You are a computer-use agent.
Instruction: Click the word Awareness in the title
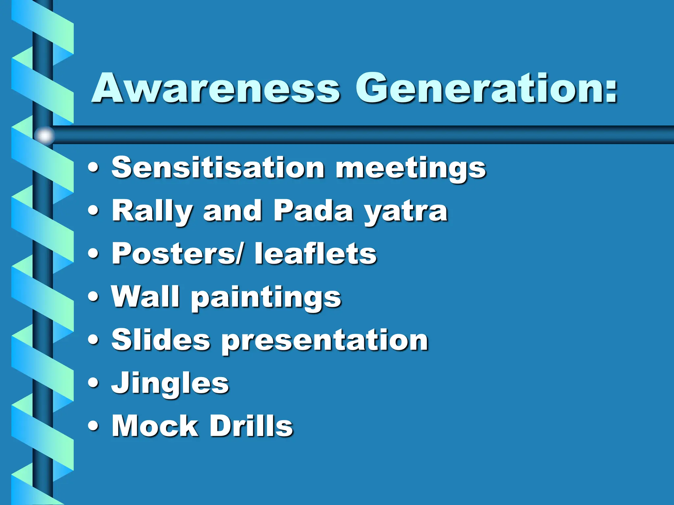pos(216,88)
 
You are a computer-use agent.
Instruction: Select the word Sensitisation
pos(218,167)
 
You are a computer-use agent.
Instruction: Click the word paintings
pos(266,298)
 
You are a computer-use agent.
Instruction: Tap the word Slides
pos(161,339)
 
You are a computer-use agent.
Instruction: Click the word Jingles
pos(170,384)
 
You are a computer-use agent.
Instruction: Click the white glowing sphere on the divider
pos(44,135)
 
